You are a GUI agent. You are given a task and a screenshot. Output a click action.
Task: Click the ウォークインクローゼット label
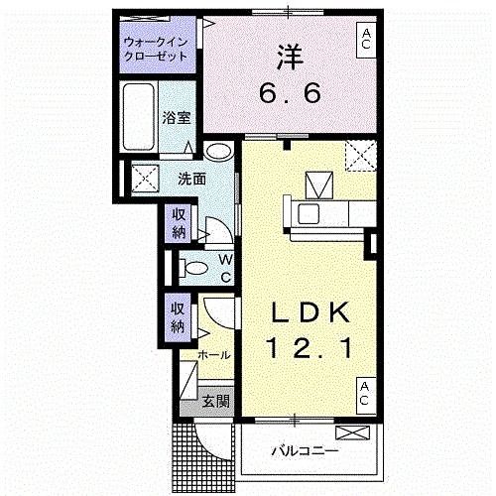pyautogui.click(x=156, y=50)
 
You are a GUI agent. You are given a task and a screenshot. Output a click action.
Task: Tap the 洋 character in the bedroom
pyautogui.click(x=290, y=57)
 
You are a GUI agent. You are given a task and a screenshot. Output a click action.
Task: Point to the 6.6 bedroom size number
pyautogui.click(x=290, y=93)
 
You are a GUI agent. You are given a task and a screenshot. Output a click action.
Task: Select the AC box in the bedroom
pyautogui.click(x=366, y=41)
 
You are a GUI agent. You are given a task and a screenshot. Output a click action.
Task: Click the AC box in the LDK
pyautogui.click(x=366, y=396)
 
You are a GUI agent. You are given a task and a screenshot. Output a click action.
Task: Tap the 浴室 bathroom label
pyautogui.click(x=177, y=117)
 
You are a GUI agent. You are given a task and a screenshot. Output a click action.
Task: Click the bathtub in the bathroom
pyautogui.click(x=139, y=116)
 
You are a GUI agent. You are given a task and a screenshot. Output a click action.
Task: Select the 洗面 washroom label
pyautogui.click(x=191, y=179)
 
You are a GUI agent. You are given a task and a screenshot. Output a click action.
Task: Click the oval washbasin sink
pyautogui.click(x=218, y=152)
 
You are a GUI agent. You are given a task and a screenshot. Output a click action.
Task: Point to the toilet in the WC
pyautogui.click(x=193, y=268)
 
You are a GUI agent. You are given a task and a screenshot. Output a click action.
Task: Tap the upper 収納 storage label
pyautogui.click(x=179, y=224)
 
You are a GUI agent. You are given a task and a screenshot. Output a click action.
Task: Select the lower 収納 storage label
pyautogui.click(x=178, y=317)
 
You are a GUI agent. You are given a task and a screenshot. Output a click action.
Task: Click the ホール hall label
pyautogui.click(x=214, y=355)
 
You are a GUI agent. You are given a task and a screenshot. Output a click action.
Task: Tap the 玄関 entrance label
pyautogui.click(x=216, y=401)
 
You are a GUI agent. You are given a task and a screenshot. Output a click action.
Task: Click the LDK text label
pyautogui.click(x=310, y=312)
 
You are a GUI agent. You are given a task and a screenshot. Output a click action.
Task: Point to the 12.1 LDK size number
pyautogui.click(x=310, y=348)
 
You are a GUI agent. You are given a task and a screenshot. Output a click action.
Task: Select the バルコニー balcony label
pyautogui.click(x=305, y=450)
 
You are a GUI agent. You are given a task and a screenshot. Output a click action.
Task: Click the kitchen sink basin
pyautogui.click(x=309, y=213)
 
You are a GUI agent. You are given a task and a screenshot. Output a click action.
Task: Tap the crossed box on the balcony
pyautogui.click(x=352, y=434)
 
